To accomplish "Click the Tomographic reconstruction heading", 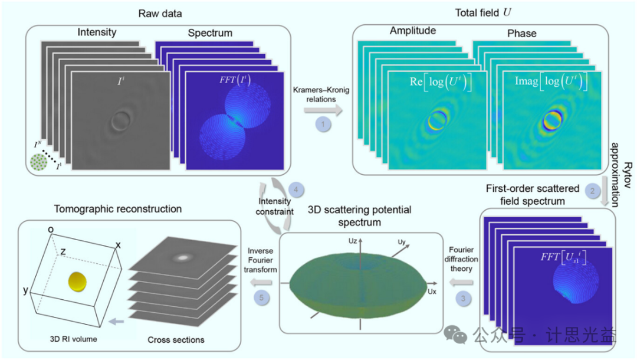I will coord(117,209).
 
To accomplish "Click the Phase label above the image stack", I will coord(522,34).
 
